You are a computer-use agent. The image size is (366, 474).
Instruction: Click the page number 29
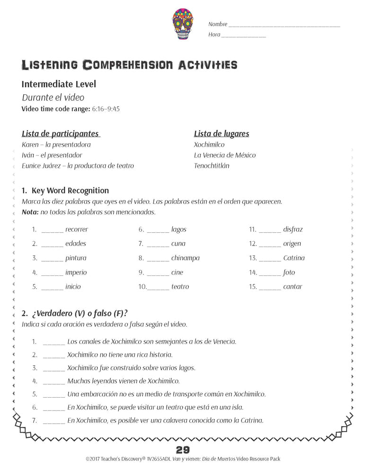click(183, 450)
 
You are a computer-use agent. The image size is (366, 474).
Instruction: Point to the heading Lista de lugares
click(221, 134)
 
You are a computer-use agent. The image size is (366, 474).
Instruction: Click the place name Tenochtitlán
click(212, 166)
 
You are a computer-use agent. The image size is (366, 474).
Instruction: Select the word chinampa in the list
click(186, 258)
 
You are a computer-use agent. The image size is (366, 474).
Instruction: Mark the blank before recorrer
click(52, 231)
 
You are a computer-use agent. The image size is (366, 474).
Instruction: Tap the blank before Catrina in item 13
click(270, 259)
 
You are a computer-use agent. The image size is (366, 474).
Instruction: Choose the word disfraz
click(293, 229)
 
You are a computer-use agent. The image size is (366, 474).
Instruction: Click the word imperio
click(76, 273)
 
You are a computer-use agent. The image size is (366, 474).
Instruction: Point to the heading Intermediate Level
click(59, 84)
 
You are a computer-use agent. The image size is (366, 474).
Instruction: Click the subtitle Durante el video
click(53, 98)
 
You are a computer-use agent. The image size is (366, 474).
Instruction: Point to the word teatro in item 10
click(180, 287)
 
